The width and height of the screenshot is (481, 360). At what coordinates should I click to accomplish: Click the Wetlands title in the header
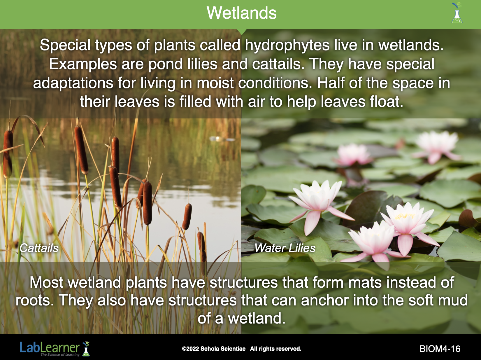tap(241, 13)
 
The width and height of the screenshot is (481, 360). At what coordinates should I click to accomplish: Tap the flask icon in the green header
tap(457, 13)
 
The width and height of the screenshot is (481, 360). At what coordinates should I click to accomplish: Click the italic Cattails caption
tap(39, 248)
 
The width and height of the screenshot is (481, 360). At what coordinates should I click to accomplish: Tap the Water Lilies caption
tap(285, 248)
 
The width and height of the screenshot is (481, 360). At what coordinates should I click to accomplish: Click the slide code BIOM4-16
tap(440, 349)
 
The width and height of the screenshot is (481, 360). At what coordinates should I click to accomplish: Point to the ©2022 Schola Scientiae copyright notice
tap(241, 349)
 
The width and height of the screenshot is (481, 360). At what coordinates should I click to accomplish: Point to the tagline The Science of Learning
tap(60, 354)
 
